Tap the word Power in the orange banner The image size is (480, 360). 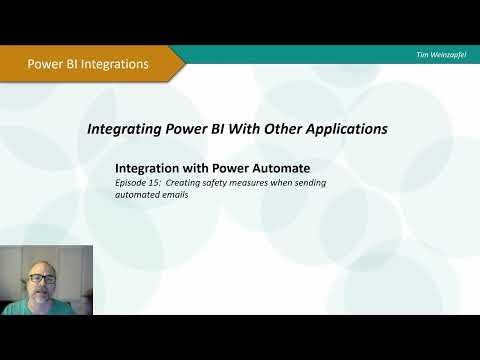46,64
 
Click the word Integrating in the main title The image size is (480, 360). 126,129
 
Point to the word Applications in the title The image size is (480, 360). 346,129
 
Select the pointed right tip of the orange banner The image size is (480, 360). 183,63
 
